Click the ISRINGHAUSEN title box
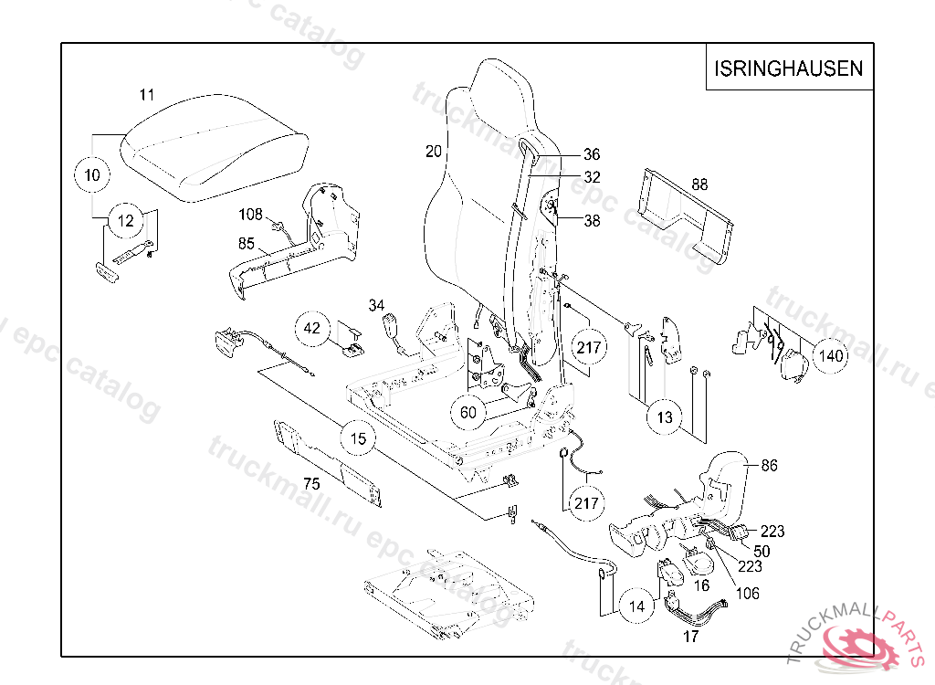tap(788, 68)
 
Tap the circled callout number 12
tap(126, 220)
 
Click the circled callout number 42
tap(312, 329)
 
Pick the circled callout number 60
tap(467, 413)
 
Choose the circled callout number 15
tap(359, 439)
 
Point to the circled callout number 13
tap(665, 417)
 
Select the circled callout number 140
tap(831, 356)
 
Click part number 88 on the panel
tap(699, 184)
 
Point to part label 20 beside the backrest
tap(434, 152)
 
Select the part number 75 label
tap(311, 484)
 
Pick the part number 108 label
tap(250, 215)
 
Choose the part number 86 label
tap(769, 465)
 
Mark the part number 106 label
tap(748, 594)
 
